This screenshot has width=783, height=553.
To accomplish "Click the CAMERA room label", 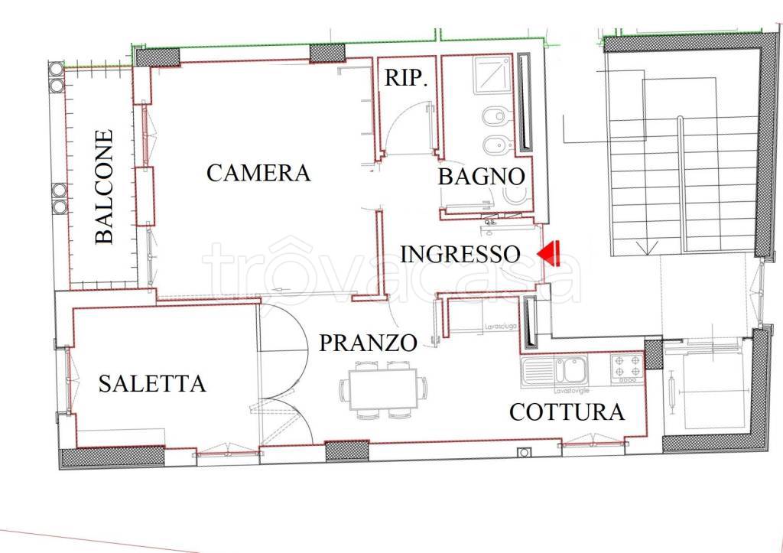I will [258, 173].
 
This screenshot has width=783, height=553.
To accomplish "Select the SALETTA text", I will [152, 383].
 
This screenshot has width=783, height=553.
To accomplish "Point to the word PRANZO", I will [368, 343].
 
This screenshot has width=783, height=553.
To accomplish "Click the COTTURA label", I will [567, 412].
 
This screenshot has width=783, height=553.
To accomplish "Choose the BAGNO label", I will [481, 177].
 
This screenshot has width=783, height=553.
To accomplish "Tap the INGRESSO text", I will [460, 253].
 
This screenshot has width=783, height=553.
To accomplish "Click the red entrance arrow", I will [549, 253].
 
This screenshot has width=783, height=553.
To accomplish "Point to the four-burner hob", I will [628, 369].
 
